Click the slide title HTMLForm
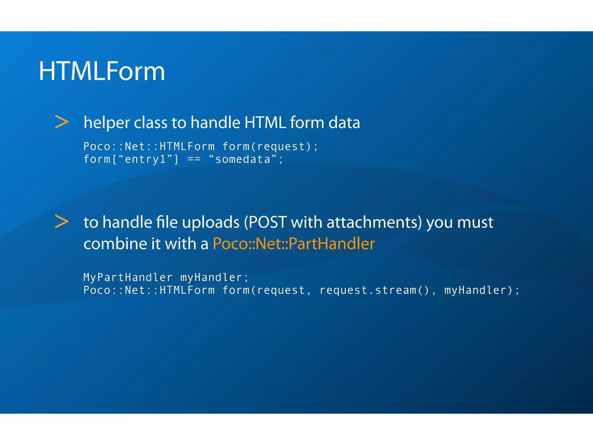point(102,71)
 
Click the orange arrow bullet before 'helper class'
point(62,122)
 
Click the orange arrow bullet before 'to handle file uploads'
point(62,222)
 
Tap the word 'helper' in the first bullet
point(106,123)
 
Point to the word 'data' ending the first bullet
point(344,123)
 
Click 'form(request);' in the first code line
point(270,147)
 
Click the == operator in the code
point(194,160)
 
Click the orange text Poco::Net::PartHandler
point(294,244)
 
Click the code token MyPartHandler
point(128,278)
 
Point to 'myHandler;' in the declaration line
point(214,278)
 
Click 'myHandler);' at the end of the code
point(482,290)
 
